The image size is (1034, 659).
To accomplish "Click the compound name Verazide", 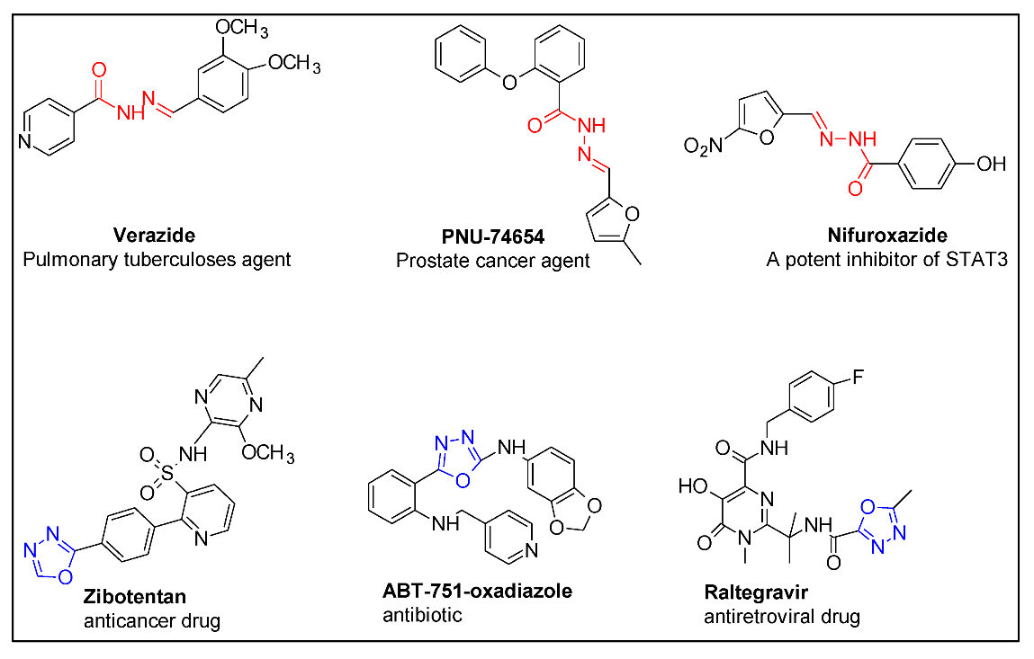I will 155,236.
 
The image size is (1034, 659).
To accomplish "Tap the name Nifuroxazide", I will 874,236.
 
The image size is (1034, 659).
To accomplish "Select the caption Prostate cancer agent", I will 493,262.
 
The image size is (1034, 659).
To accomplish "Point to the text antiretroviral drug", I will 783,618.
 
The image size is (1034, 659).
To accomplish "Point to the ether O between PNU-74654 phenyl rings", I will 510,82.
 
